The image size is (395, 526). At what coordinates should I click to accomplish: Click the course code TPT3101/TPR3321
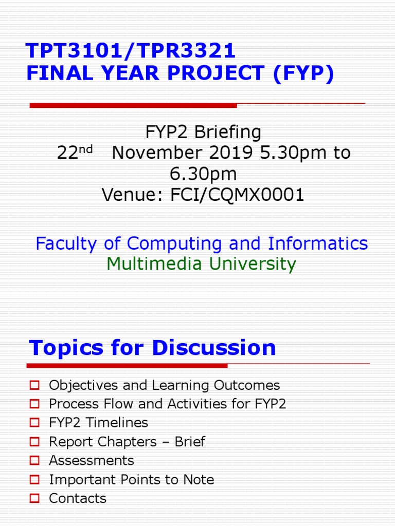[x=131, y=51]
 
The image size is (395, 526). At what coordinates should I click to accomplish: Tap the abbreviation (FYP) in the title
[x=303, y=73]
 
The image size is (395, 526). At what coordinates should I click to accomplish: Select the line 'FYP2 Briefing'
[x=203, y=133]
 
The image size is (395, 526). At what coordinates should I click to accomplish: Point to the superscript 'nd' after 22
[x=86, y=149]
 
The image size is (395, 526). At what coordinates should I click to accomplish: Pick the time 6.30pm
[x=203, y=174]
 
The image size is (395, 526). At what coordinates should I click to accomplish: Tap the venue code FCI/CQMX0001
[x=238, y=195]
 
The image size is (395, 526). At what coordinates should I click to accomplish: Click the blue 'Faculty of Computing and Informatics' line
[x=202, y=243]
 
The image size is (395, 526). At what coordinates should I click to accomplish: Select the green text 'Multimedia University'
[x=201, y=264]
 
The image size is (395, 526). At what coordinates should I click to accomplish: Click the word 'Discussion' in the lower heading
[x=213, y=348]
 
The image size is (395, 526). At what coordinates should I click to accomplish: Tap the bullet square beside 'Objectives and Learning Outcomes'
[x=34, y=385]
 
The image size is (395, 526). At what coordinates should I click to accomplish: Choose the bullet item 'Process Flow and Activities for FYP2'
[x=167, y=404]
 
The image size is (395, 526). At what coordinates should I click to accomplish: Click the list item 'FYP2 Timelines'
[x=98, y=423]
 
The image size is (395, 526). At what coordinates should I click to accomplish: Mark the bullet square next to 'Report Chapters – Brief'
[x=34, y=442]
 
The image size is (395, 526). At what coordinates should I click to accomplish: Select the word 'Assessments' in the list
[x=91, y=460]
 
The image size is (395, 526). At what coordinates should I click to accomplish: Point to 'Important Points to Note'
[x=131, y=479]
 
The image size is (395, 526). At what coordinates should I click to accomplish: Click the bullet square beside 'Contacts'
[x=34, y=498]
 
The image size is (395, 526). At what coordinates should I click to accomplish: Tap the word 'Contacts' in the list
[x=78, y=498]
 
